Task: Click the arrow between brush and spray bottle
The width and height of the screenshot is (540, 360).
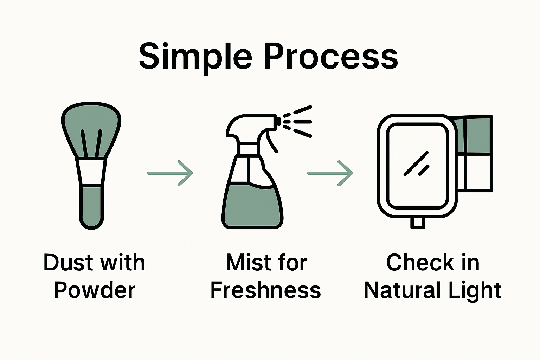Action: coord(170,173)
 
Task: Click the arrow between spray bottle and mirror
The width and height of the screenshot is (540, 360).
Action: coord(330,173)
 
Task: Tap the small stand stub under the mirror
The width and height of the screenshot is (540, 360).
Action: coord(418,223)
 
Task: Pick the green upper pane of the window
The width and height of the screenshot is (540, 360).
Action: coord(477,135)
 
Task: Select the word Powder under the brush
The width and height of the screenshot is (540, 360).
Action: coord(94,290)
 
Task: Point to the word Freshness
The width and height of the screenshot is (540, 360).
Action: coord(265,290)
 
